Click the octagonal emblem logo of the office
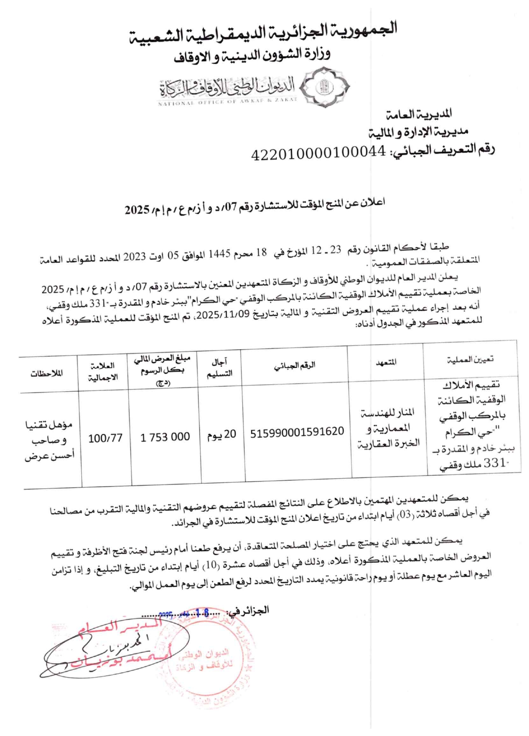point(326,86)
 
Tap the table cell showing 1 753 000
point(165,437)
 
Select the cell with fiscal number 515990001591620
point(297,432)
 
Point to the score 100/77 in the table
point(105,438)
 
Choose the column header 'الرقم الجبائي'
point(295,365)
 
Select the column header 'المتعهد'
point(386,362)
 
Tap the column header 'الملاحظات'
point(47,373)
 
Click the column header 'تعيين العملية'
point(470,360)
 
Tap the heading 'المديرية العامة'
point(418,114)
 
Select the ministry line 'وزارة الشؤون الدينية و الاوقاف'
point(252,56)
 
